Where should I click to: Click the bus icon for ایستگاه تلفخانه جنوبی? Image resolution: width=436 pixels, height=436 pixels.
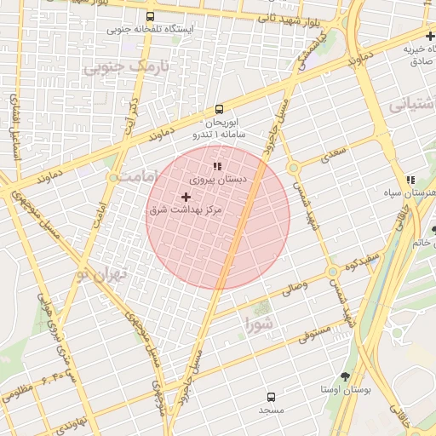coord(151,16)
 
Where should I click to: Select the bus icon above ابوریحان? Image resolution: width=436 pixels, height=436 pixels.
coord(219,109)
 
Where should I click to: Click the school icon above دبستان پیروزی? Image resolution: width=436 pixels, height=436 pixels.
coord(217,165)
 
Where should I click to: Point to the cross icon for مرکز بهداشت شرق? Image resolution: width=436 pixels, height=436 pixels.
coord(186,197)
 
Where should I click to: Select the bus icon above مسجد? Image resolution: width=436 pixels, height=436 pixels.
coord(272,397)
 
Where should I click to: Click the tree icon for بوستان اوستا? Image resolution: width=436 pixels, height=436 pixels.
coord(345,376)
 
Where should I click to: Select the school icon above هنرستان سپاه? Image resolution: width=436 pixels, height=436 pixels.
coord(410,180)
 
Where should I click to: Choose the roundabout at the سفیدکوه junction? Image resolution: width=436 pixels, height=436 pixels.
coord(332,272)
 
